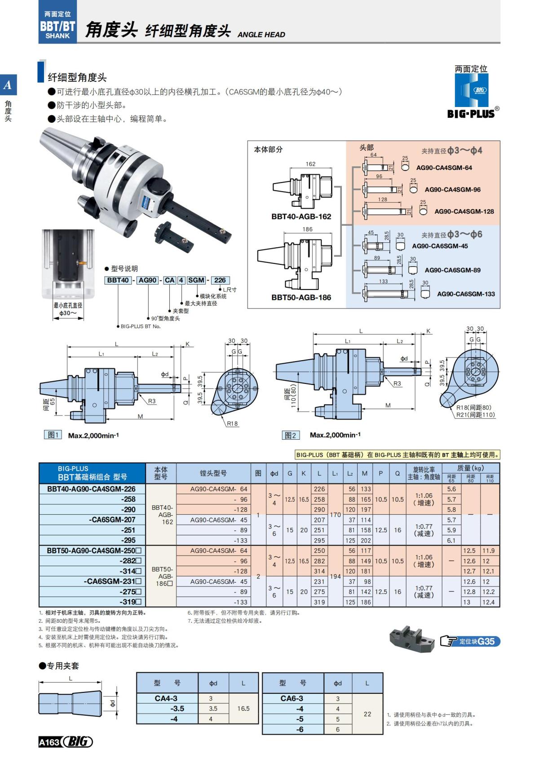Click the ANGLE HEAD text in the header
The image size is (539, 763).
click(261, 35)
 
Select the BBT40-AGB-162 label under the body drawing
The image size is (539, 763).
click(301, 216)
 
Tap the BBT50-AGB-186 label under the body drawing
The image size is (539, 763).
click(301, 297)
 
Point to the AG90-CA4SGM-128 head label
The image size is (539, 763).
click(464, 211)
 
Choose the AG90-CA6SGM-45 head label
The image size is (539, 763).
click(440, 246)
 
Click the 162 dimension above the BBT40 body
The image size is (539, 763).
click(310, 164)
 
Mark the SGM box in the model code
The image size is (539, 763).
click(196, 280)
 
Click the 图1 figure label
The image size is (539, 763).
click(53, 435)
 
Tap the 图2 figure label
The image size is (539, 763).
click(291, 435)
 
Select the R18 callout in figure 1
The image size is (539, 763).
click(232, 424)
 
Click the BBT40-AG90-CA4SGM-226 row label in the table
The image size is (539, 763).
click(91, 489)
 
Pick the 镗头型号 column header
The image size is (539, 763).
click(213, 473)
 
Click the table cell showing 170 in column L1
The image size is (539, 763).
click(335, 515)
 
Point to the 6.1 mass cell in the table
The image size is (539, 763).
click(451, 540)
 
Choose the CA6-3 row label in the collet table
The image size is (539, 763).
click(292, 698)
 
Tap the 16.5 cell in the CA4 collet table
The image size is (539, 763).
click(243, 709)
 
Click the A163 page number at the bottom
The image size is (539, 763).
click(49, 742)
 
